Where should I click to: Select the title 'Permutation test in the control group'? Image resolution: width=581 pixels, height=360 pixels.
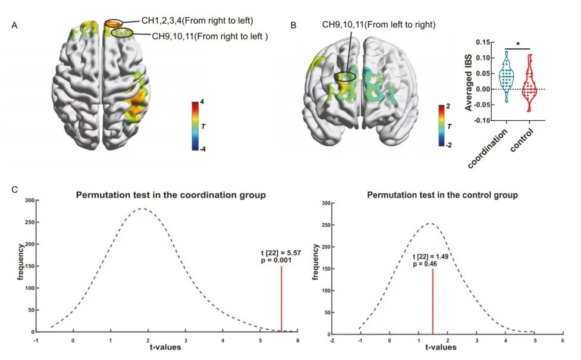click(x=442, y=195)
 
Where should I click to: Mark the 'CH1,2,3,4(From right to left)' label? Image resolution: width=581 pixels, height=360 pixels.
click(x=197, y=21)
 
